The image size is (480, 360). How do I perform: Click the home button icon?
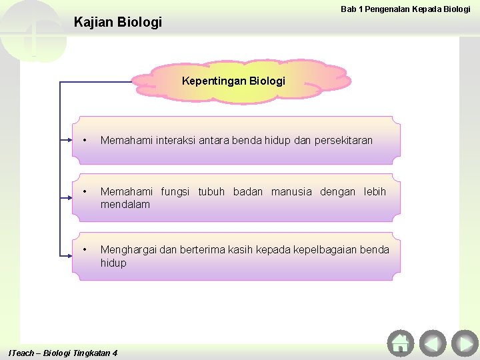click(400, 343)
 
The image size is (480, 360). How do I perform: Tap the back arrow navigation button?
click(433, 343)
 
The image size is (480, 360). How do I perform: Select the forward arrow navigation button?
click(464, 343)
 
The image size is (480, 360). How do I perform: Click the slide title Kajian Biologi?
click(118, 22)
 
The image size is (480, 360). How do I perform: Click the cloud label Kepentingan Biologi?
click(233, 81)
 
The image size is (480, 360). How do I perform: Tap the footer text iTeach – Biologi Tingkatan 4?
click(63, 353)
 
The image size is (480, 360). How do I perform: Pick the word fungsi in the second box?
click(176, 192)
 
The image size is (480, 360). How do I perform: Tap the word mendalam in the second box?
click(125, 204)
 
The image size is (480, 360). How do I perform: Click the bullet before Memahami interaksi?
click(85, 140)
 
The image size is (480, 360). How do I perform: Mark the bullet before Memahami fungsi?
click(85, 192)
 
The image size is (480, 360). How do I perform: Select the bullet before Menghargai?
click(85, 249)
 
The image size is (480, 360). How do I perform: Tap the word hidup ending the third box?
click(113, 263)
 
